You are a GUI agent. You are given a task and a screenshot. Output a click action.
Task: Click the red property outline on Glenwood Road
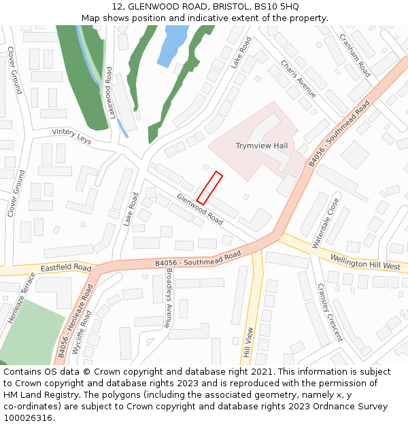pyautogui.click(x=209, y=188)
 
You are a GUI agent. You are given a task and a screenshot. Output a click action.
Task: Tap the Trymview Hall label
pyautogui.click(x=262, y=146)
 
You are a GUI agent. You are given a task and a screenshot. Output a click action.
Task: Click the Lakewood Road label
pyautogui.click(x=109, y=92)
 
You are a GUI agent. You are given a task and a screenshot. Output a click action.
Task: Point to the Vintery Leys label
pyautogui.click(x=71, y=137)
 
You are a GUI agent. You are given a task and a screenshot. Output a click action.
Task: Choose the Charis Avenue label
pyautogui.click(x=299, y=79)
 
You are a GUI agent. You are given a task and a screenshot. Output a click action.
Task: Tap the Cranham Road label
pyautogui.click(x=354, y=55)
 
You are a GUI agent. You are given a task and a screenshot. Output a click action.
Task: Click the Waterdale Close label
pyautogui.click(x=325, y=222)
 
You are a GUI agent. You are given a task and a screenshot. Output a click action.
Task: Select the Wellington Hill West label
pyautogui.click(x=365, y=262)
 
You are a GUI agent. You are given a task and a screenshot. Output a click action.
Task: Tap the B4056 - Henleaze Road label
pyautogui.click(x=75, y=321)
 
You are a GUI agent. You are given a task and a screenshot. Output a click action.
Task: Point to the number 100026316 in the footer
pyautogui.click(x=28, y=418)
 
